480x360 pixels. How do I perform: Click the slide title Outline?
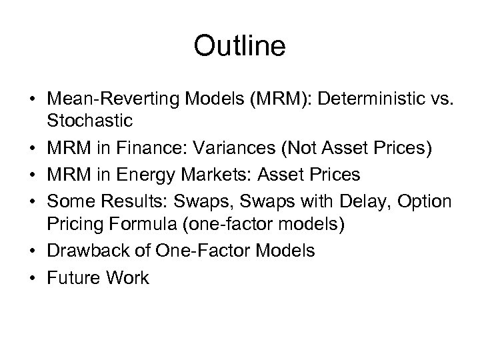239,47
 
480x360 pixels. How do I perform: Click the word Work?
126,279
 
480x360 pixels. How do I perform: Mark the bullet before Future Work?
33,279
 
